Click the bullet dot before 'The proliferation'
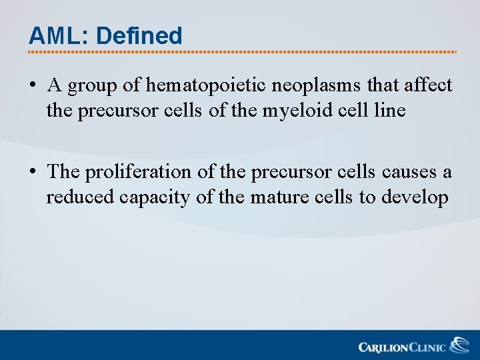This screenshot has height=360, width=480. [33, 173]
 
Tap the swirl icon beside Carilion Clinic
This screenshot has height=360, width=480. [459, 345]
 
